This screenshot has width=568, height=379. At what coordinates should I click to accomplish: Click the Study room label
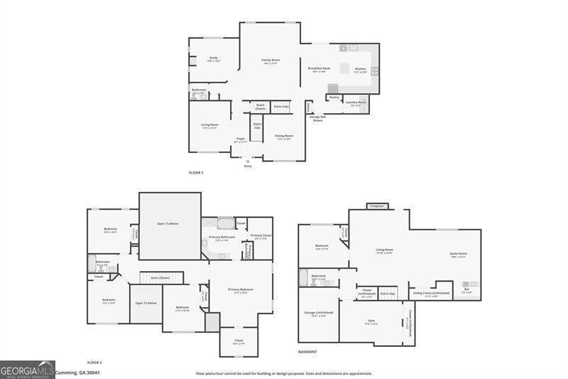[x=213, y=58]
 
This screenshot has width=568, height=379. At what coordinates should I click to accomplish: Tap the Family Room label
[x=271, y=60]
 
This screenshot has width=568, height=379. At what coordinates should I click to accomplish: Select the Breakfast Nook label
[x=317, y=68]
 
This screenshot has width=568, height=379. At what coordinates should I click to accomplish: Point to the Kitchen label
[x=361, y=69]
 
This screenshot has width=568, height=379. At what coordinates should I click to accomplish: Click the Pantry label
[x=334, y=97]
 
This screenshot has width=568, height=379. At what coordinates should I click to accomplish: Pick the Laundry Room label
[x=356, y=102]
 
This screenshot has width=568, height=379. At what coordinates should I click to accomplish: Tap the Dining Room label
[x=284, y=135]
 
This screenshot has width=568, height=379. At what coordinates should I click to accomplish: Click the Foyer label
[x=241, y=139]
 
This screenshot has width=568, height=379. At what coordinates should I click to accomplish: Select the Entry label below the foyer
[x=248, y=166]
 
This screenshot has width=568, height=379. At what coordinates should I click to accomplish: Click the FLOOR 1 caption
[x=196, y=173]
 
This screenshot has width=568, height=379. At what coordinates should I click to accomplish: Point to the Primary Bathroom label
[x=222, y=237]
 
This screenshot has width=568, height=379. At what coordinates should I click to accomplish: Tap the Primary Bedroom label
[x=241, y=289]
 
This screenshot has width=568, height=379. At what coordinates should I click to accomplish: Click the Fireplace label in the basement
[x=377, y=206]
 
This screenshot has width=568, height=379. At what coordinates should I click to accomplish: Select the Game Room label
[x=459, y=254]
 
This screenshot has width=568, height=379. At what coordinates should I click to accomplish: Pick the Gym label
[x=371, y=321]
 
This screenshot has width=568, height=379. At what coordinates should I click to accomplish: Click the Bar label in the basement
[x=466, y=289]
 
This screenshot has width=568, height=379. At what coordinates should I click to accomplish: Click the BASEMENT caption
[x=307, y=352]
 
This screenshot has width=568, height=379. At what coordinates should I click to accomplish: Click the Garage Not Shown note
[x=317, y=119]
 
